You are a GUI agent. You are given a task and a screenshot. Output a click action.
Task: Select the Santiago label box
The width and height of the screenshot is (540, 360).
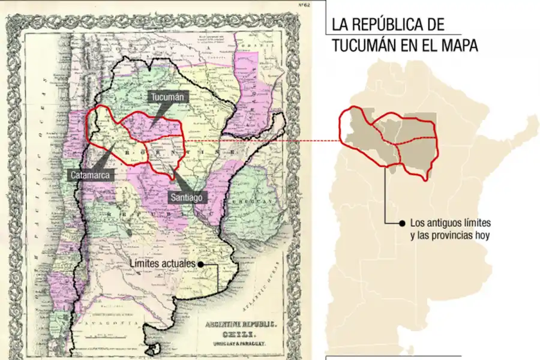click(187, 197)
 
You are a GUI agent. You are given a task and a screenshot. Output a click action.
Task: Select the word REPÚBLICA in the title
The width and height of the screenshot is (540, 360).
click(385, 25)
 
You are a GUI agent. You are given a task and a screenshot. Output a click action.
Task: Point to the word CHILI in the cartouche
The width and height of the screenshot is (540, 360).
click(241, 334)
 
